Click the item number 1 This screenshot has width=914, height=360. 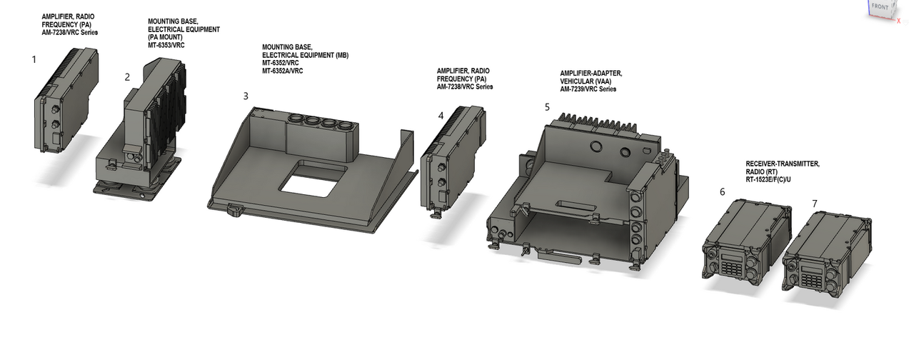[34, 59]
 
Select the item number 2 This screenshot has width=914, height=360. [127, 77]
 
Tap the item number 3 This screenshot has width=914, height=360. [246, 96]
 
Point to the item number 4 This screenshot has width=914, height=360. [441, 116]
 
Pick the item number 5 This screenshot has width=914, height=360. [547, 107]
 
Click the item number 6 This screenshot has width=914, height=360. [722, 192]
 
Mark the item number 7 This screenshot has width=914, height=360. [815, 204]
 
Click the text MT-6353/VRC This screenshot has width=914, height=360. [166, 45]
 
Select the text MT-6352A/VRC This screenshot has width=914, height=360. [282, 71]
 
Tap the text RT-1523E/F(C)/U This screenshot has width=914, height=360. [768, 179]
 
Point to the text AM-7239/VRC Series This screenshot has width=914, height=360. [588, 89]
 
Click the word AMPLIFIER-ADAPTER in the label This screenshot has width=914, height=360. [591, 74]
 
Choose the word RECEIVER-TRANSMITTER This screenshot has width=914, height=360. [782, 164]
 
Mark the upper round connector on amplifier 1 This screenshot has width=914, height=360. [55, 110]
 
